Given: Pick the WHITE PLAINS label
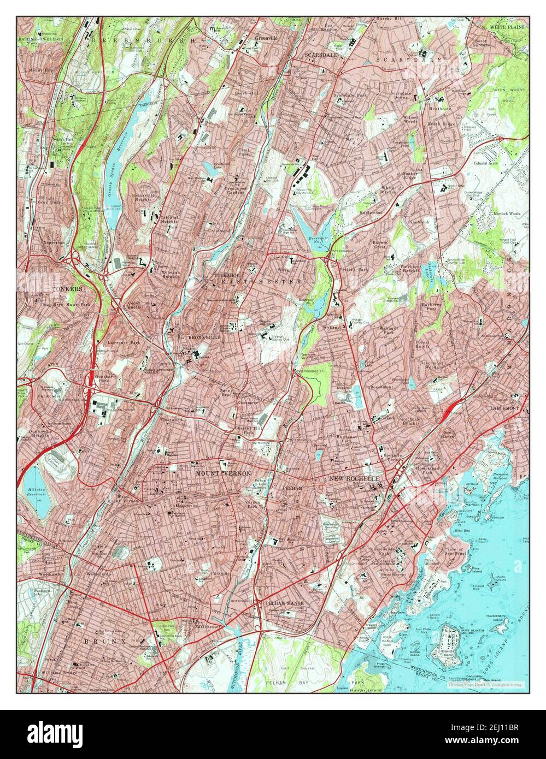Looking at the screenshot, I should tap(507, 26).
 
